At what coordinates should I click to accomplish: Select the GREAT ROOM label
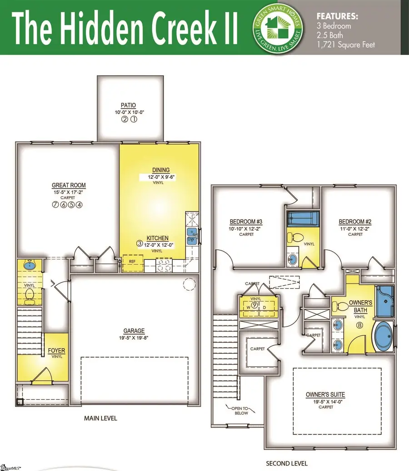coord(69,185)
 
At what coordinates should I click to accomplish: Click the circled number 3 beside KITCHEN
coord(140,243)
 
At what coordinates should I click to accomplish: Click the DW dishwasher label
coord(191,238)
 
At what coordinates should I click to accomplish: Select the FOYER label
coord(57,351)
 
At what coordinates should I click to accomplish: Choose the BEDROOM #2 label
coord(355,222)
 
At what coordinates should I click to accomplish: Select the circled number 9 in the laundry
coord(255,305)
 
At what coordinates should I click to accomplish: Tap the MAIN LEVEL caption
coord(100,418)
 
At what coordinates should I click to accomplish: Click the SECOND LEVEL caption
coord(287,463)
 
